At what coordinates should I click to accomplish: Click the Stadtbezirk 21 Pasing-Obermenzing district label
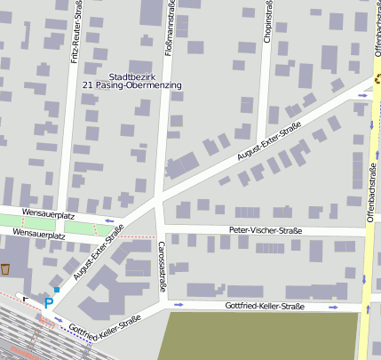point(131,81)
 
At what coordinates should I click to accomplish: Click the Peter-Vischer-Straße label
point(265,231)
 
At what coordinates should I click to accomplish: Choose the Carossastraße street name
point(162,266)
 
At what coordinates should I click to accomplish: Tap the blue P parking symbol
point(49,303)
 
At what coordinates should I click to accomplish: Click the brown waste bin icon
point(5,268)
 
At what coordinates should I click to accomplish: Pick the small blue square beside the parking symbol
point(56,290)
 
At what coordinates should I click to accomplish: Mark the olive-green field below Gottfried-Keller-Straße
point(258,336)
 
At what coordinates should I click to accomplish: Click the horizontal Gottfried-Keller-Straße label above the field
point(265,307)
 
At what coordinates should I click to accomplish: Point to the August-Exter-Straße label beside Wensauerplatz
point(98,252)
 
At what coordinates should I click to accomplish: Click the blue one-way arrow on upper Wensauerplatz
point(109,220)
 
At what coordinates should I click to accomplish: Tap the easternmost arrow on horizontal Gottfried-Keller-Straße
point(334,307)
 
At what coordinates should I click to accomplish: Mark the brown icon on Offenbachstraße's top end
point(377,78)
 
